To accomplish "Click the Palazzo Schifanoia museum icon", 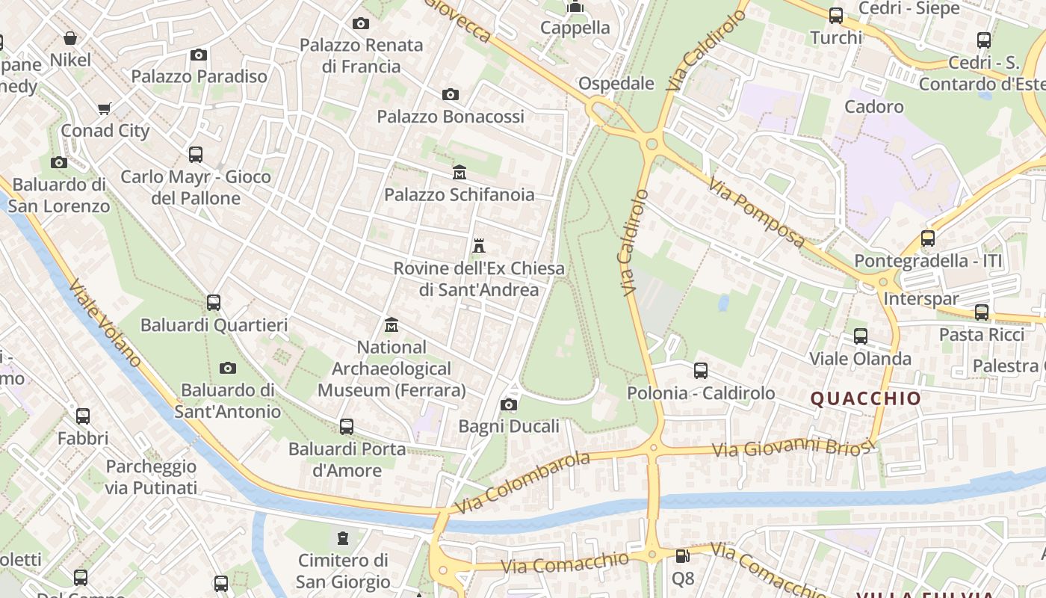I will coord(459,173).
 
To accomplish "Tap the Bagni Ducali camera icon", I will coord(509,405).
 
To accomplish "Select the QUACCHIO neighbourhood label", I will coord(866,398).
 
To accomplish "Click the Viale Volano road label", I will coord(105,323).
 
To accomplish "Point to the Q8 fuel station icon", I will coord(682,556).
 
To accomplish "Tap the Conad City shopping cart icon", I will coord(105,109).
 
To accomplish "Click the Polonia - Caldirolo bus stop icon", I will coord(701,371).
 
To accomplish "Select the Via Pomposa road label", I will coord(756,212).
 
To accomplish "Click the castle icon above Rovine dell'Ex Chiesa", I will coord(479,246).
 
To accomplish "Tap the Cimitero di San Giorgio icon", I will coord(343,538).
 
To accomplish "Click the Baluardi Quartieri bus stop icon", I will coord(214,303).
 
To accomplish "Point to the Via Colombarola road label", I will coord(522,482).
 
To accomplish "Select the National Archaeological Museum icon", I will coord(392,325).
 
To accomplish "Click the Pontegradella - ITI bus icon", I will coord(928,238).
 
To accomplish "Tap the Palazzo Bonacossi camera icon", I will coord(450,95).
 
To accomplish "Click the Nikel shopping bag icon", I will coord(70,38).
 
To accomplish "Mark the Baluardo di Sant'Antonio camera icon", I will coord(228,368).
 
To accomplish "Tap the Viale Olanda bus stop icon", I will coord(861,336).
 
